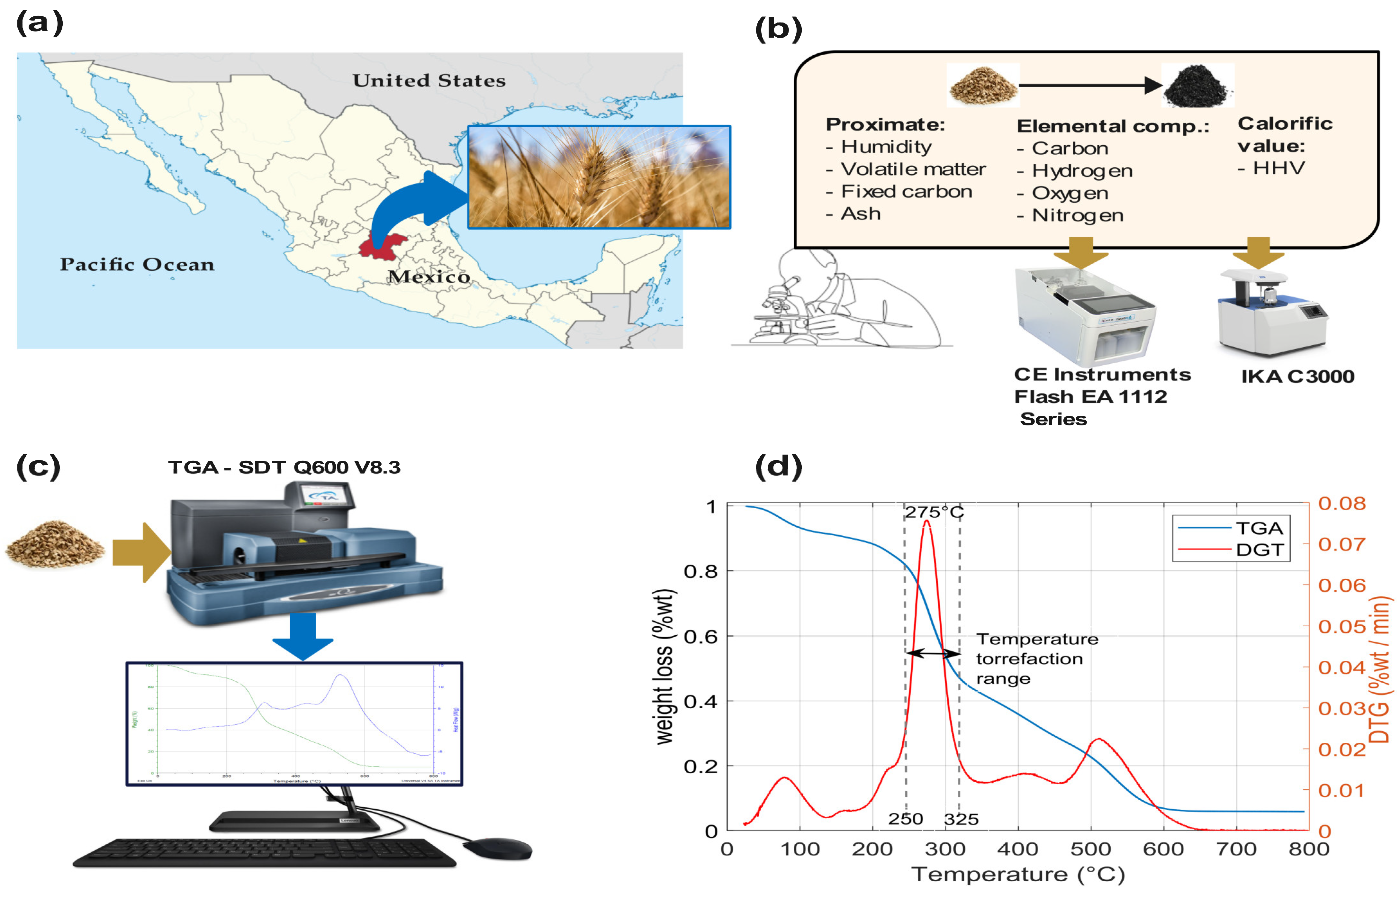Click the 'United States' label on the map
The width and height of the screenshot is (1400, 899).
pos(429,81)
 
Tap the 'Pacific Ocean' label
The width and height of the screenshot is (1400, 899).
pos(137,264)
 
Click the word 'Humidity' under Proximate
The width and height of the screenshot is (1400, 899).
pos(886,147)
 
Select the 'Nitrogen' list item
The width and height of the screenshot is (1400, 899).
pos(1077,215)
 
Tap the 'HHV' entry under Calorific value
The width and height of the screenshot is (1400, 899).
pos(1278,168)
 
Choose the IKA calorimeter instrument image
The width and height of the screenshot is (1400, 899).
pos(1272,312)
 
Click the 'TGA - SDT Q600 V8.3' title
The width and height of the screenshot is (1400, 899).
pos(284,467)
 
